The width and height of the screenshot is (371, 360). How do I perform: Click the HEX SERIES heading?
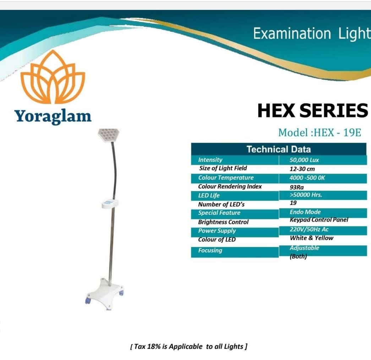click(x=312, y=111)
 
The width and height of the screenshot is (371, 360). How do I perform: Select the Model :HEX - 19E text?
click(x=320, y=133)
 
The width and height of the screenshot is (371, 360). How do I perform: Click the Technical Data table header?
click(x=278, y=149)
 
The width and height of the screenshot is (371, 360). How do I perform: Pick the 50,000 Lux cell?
click(x=304, y=160)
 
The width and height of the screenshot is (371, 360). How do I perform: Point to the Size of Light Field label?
click(x=223, y=168)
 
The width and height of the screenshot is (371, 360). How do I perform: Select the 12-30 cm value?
click(x=302, y=169)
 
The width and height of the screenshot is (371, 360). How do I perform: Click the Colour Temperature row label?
click(x=226, y=178)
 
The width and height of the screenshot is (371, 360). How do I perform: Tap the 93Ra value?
click(x=297, y=187)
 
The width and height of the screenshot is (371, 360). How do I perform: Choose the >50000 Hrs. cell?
click(x=306, y=195)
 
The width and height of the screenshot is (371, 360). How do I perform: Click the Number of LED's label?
click(x=221, y=204)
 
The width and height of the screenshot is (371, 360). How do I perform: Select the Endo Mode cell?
click(x=305, y=212)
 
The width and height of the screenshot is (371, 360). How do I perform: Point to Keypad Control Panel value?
click(x=319, y=220)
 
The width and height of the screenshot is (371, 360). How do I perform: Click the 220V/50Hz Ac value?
click(x=309, y=229)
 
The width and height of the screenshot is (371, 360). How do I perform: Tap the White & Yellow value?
click(x=311, y=238)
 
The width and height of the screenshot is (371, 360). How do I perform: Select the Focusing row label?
click(x=210, y=250)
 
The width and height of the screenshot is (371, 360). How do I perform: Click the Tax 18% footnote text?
click(x=189, y=347)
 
